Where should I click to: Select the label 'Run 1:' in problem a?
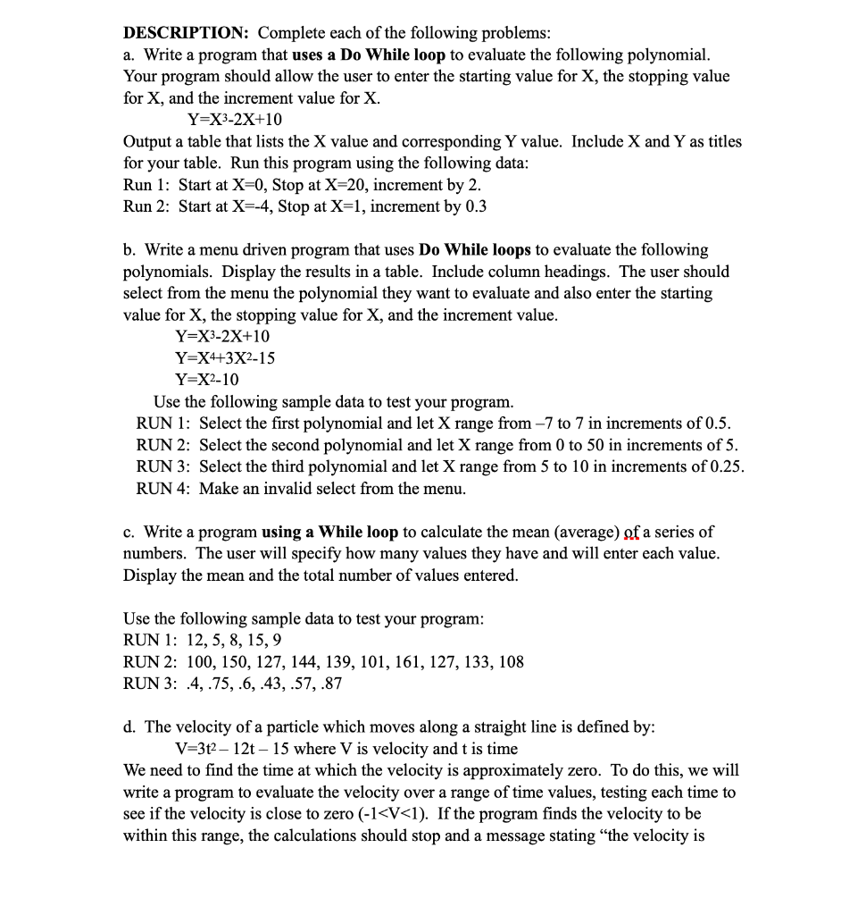[147, 185]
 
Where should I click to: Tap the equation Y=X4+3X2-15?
[225, 358]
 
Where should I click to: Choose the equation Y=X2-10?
[207, 380]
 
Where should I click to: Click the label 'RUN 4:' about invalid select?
[163, 489]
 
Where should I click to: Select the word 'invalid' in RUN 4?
[281, 489]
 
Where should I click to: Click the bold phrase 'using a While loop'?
[329, 533]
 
